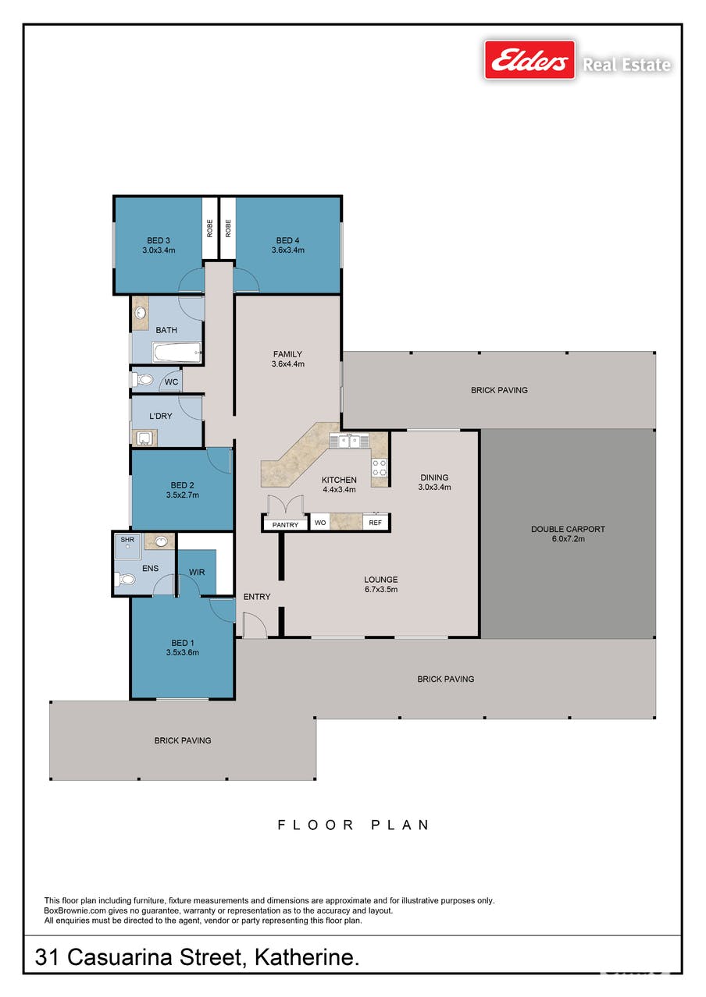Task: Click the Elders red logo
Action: (x=529, y=60)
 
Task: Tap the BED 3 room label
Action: (x=159, y=240)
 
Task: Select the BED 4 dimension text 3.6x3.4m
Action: (x=288, y=250)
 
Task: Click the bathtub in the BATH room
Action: (x=177, y=352)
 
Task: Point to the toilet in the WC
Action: (x=143, y=380)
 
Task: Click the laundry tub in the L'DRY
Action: (x=144, y=438)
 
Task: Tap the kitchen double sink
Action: (x=349, y=442)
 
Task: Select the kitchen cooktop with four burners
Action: (x=380, y=467)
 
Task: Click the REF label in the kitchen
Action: (x=376, y=523)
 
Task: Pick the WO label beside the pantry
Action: (x=320, y=523)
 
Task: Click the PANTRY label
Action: (x=285, y=525)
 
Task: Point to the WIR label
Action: (x=197, y=572)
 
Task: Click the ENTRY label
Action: (x=257, y=597)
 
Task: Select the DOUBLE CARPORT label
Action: (x=568, y=529)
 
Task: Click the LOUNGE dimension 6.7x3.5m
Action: (x=380, y=589)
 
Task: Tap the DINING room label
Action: (x=434, y=477)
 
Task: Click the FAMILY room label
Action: (x=287, y=354)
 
